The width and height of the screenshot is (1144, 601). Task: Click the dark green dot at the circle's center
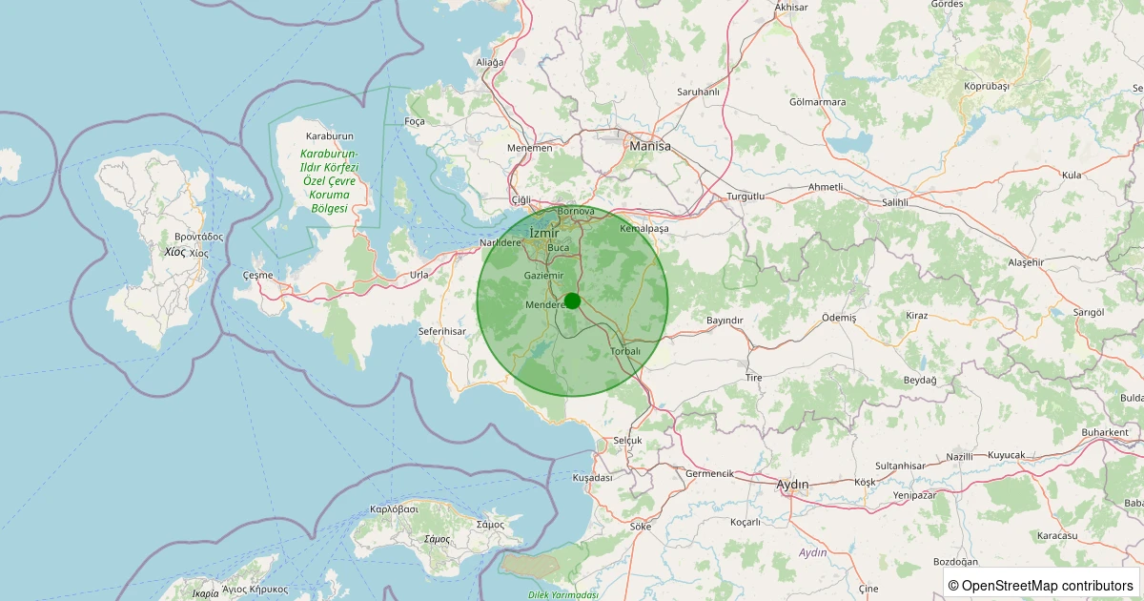[x=572, y=300]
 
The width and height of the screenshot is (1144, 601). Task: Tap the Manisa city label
[x=650, y=147]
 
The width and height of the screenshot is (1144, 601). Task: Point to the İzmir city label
[x=543, y=233]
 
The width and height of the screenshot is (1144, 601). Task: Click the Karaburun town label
[x=329, y=135]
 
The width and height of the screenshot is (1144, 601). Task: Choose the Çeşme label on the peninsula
[x=258, y=275]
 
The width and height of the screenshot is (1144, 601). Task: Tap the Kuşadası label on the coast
[x=591, y=477]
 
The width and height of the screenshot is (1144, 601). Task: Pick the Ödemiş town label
[x=839, y=317]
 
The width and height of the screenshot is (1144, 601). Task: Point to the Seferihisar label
[x=441, y=331]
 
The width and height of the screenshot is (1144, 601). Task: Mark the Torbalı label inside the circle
[x=625, y=351]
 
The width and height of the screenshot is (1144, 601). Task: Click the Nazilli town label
[x=960, y=456]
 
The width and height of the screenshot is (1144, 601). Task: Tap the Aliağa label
[x=489, y=62]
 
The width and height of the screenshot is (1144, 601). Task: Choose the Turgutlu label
[x=746, y=196]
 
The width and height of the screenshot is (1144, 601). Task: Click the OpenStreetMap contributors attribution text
[x=1041, y=585]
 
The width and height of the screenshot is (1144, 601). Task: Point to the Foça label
[x=415, y=121]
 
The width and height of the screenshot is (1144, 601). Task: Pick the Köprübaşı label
[x=986, y=86]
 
